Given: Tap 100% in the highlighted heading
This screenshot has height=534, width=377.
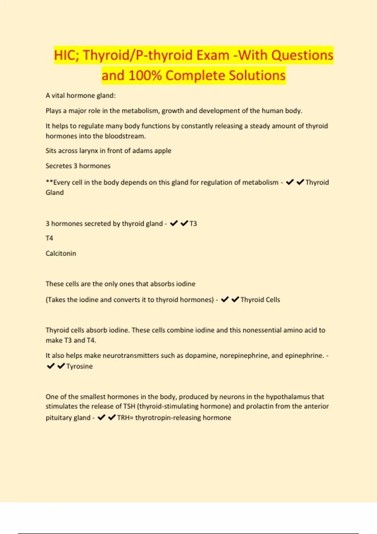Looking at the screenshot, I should point(145,76).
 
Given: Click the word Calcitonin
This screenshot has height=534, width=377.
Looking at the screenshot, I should point(61,253).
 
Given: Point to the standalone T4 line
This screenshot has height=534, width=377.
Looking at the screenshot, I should point(49,238).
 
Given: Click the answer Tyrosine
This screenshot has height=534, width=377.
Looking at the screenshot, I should point(79,366).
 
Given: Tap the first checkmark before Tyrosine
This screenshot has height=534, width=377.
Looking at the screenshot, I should point(51,366).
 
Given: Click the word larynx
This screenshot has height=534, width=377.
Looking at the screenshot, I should point(88,151).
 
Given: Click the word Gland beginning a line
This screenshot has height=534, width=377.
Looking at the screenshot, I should point(55,193).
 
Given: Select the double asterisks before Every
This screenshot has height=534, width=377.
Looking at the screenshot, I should point(49,182).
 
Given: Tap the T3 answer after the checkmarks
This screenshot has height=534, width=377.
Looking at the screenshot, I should point(193,224).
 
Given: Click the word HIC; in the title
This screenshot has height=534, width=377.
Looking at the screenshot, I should point(67,55).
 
